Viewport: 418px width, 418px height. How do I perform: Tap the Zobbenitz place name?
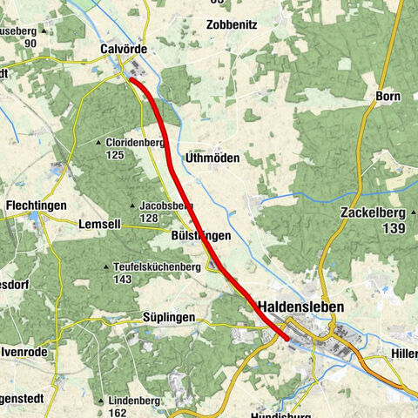coord(233,24)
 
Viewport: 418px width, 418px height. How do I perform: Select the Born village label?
coord(388,96)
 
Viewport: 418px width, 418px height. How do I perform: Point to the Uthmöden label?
coord(214,158)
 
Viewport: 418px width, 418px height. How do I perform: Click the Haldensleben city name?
coord(301,307)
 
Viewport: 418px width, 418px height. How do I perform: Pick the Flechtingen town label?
coord(36,206)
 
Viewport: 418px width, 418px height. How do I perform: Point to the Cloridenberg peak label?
coord(136,142)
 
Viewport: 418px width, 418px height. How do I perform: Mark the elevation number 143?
coord(122,280)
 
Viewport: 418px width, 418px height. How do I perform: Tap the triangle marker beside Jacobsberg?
coord(132,206)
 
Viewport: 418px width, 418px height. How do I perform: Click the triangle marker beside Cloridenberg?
coord(101,142)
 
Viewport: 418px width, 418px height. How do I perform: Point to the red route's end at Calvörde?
coord(131,79)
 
